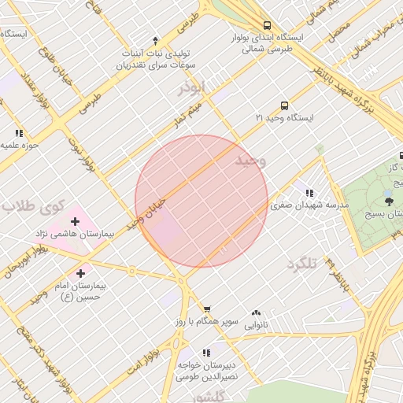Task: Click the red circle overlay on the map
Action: pos(201,201)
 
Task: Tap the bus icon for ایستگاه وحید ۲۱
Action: pos(284,105)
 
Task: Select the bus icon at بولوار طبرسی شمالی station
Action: pos(268,24)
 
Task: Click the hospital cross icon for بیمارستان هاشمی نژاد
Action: pos(75,221)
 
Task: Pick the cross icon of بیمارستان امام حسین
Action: pos(80,272)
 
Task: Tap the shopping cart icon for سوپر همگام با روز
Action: pos(207,309)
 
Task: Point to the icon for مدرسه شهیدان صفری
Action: pos(309,192)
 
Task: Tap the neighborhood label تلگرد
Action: pos(301,263)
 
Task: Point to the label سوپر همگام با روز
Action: pos(207,323)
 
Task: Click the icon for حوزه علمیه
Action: pos(19,133)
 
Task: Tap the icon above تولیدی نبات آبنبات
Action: pos(155,40)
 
